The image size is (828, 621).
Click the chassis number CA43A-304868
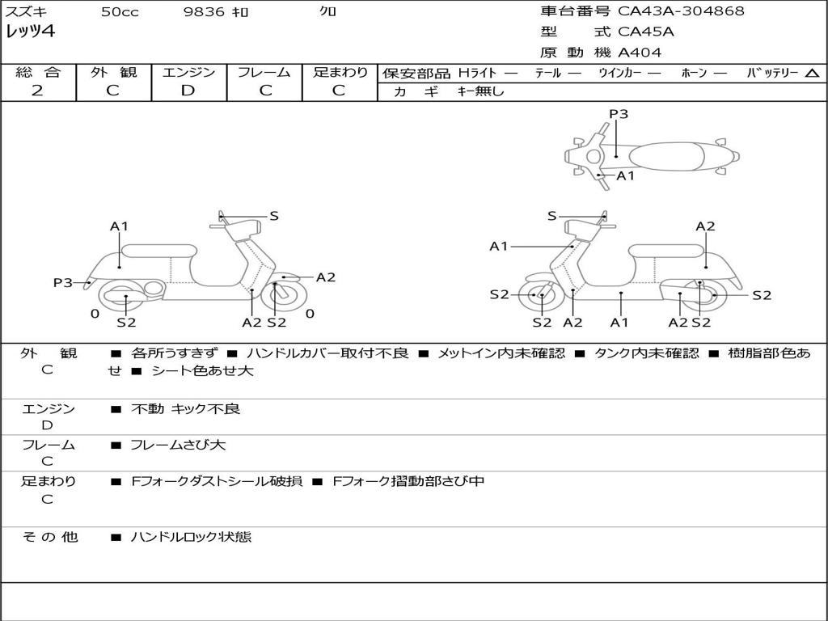coord(681,11)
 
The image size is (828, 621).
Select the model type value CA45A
coord(645,32)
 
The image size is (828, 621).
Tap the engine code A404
coord(639,53)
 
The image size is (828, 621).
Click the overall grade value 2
coord(37,91)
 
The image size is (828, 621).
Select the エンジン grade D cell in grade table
coord(188,91)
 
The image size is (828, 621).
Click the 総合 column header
coord(37,73)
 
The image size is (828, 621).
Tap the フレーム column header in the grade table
coord(264,73)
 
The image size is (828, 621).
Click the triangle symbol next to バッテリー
coord(812,74)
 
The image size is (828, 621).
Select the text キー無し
coord(480,91)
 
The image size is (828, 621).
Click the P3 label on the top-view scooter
coord(619,114)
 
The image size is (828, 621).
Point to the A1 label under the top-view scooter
coord(626,175)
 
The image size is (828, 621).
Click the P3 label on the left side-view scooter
coord(63,283)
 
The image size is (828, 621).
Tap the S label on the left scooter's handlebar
coord(274,216)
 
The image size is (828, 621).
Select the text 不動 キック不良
coord(185,409)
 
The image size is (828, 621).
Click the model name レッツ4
coord(30,32)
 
